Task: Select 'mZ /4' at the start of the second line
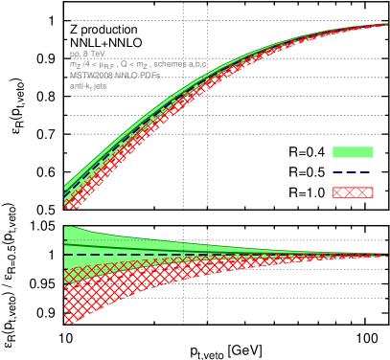coord(79,64)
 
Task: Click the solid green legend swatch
coord(353,152)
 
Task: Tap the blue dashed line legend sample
coord(353,172)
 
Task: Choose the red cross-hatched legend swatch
coord(353,192)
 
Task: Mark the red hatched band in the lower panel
coord(96,292)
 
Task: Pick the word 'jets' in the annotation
coord(100,85)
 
